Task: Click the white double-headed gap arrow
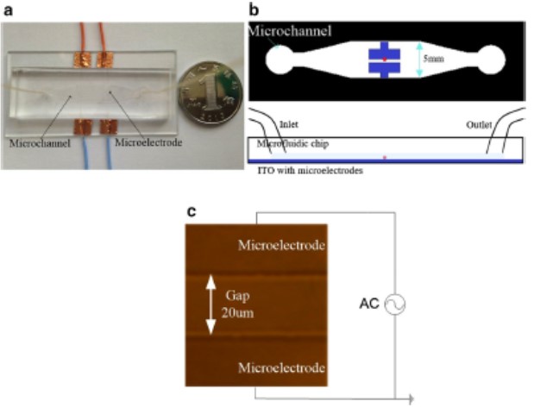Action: [209, 305]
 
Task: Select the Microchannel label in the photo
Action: [38, 141]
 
